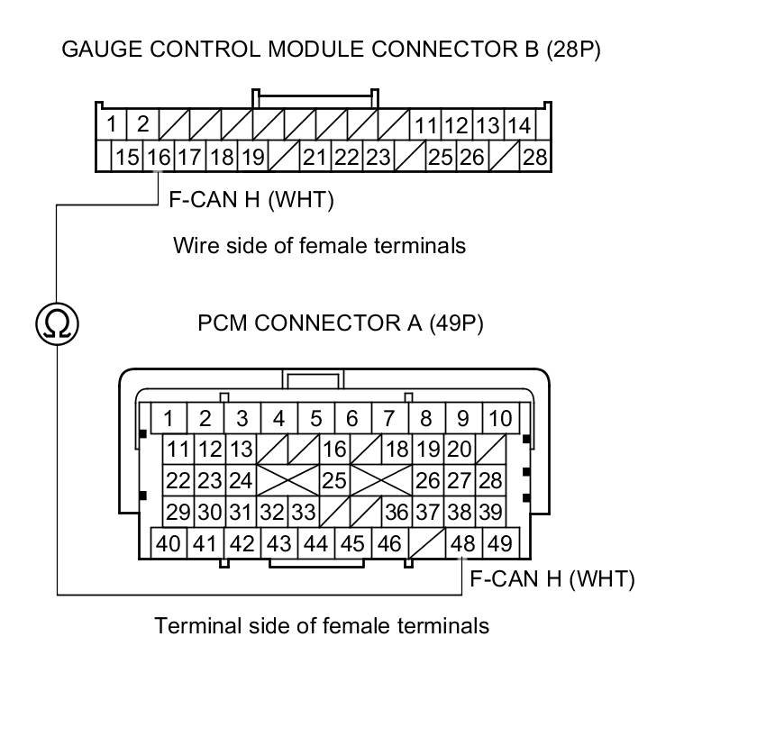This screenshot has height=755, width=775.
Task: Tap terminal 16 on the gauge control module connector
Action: (158, 158)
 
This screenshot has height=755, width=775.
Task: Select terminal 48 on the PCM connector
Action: (463, 543)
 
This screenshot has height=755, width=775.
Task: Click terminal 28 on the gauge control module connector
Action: (534, 158)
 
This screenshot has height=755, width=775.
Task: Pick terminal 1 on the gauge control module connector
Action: (111, 124)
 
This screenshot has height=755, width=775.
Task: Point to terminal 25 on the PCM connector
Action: (334, 480)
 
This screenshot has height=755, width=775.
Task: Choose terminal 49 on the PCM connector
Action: (498, 543)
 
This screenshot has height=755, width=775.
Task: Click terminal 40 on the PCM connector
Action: (169, 543)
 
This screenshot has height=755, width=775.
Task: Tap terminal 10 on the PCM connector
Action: (499, 418)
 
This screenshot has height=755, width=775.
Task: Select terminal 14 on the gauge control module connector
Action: (518, 124)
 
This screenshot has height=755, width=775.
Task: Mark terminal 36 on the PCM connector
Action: (397, 512)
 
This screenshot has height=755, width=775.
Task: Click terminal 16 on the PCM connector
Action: (334, 449)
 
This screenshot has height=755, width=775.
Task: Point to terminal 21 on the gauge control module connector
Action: (315, 158)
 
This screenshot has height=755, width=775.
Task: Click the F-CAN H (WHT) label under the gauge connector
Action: (251, 200)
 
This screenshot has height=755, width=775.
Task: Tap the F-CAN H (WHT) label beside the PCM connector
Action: (552, 578)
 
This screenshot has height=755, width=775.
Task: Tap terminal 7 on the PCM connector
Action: (388, 418)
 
